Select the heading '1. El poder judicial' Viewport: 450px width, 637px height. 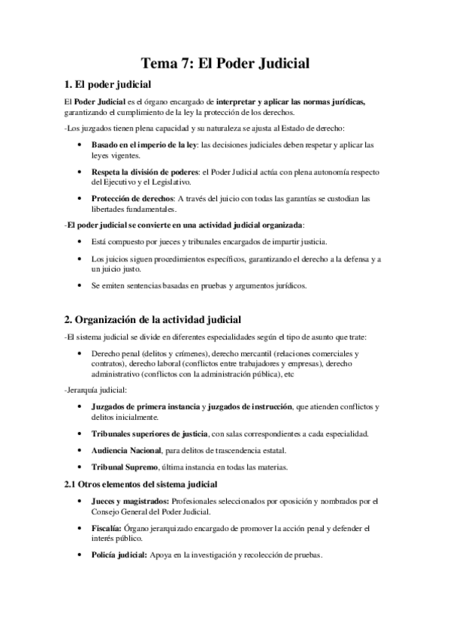tap(108, 84)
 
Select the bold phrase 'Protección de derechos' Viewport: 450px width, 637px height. tap(131, 198)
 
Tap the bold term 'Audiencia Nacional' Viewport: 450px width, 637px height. tap(126, 450)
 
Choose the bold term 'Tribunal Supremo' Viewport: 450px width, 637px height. tap(123, 466)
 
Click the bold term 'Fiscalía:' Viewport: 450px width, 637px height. tap(107, 529)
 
